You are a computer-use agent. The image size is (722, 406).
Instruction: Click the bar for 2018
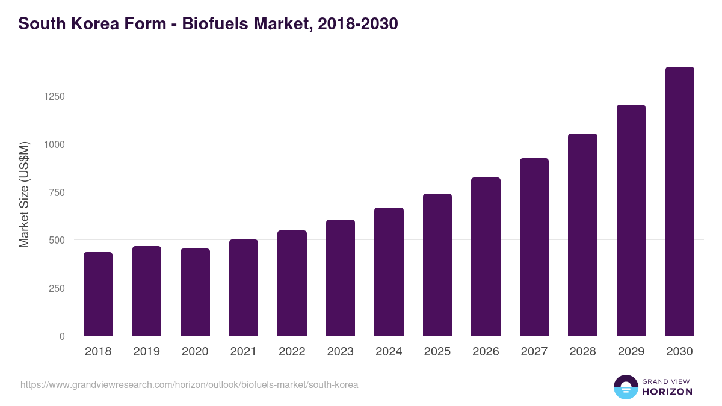pos(98,294)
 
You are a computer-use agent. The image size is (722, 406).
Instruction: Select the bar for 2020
pos(195,292)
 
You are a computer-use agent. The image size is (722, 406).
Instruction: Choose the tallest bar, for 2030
pos(679,201)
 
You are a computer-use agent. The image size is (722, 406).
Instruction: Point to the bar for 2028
pos(582,235)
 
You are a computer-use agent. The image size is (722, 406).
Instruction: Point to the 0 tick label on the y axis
pos(62,336)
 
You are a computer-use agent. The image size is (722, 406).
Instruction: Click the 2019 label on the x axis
pos(146,352)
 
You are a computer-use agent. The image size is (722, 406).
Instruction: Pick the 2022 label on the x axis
pos(292,352)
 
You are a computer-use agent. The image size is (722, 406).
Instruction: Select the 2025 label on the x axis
pos(437,352)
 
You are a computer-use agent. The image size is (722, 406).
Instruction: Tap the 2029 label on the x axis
pos(631,352)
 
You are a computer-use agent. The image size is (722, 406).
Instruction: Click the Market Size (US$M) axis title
pos(24,194)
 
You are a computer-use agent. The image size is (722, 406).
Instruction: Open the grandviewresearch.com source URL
pos(189,384)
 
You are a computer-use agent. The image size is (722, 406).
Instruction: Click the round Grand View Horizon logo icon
pos(626,387)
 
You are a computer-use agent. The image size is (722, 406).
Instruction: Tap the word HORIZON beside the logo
pos(667,392)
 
